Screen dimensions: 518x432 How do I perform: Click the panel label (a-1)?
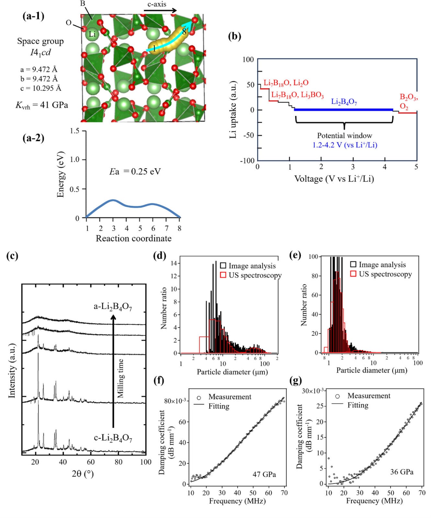tap(33, 16)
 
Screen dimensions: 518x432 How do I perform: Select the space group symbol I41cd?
tap(40, 52)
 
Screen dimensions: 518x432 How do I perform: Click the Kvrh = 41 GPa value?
tap(42, 105)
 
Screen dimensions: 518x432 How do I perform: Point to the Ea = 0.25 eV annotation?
tap(135, 171)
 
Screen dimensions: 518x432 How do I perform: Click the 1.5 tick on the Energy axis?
tap(75, 131)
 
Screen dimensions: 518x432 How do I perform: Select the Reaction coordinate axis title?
tap(133, 238)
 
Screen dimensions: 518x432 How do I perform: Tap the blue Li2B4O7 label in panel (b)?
tap(344, 102)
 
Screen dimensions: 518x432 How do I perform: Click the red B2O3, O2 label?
tap(408, 101)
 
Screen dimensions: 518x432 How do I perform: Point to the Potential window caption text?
tap(344, 135)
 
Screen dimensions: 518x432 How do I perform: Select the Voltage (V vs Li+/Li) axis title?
tap(334, 179)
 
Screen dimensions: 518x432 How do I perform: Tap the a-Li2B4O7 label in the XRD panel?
tap(113, 306)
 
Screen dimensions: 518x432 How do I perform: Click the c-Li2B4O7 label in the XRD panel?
tap(113, 438)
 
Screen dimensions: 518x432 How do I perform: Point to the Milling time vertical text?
tap(120, 378)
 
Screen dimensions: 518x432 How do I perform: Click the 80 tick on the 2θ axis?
tap(118, 462)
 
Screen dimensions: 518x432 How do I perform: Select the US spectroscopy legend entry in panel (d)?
tap(251, 275)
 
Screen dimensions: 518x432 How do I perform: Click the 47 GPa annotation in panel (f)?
tap(264, 474)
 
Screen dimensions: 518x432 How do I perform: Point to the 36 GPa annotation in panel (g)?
tap(402, 472)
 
